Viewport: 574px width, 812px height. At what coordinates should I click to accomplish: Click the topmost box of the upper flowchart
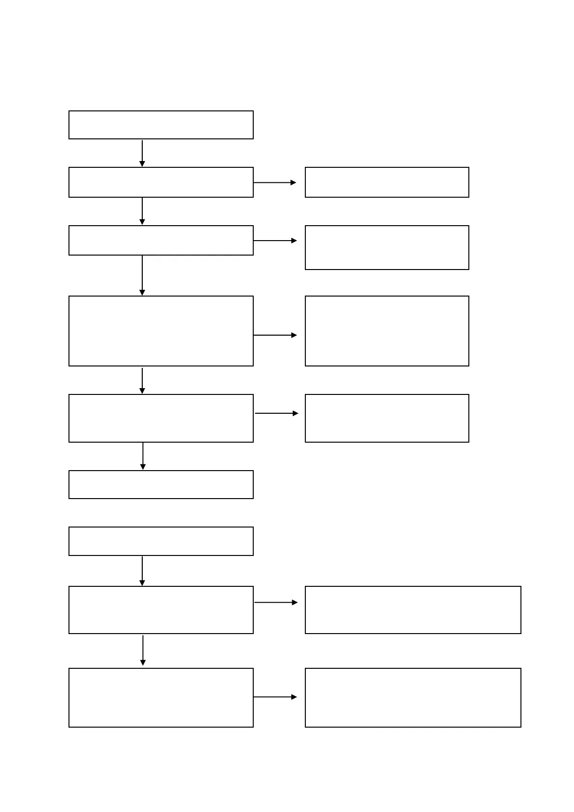coord(161,125)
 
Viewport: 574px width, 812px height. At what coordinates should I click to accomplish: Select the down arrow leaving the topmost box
coord(142,153)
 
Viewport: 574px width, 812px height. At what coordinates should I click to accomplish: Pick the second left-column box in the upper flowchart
coord(161,182)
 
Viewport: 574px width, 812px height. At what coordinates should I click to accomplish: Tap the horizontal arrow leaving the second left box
coord(275,183)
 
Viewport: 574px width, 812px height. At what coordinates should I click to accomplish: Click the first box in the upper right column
coord(387,182)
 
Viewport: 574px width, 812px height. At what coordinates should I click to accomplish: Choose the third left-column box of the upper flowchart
coord(161,240)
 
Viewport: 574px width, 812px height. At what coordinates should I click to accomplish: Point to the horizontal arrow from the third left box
coord(275,241)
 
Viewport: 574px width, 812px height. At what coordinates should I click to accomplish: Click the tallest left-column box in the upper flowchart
coord(161,331)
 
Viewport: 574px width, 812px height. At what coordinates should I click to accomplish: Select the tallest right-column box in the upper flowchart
coord(387,331)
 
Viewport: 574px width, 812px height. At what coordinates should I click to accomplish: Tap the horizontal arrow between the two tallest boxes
coord(275,335)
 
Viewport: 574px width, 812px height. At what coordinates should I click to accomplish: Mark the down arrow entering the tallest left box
coord(142,275)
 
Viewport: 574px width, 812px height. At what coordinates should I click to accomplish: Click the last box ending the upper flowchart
coord(161,485)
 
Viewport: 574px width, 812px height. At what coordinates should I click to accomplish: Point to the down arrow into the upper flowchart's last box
coord(143,456)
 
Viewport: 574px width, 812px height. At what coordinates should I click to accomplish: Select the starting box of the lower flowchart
coord(161,541)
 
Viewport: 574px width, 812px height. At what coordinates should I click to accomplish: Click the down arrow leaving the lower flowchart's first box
coord(142,571)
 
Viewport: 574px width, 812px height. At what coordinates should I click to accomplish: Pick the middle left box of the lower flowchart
coord(161,610)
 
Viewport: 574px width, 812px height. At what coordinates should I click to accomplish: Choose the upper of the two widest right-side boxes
coord(413,610)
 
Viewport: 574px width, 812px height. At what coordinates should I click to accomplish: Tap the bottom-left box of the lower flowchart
coord(161,697)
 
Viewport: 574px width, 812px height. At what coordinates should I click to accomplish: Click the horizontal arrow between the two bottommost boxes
coord(275,697)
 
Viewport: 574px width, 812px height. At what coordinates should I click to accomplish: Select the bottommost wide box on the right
coord(413,697)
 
